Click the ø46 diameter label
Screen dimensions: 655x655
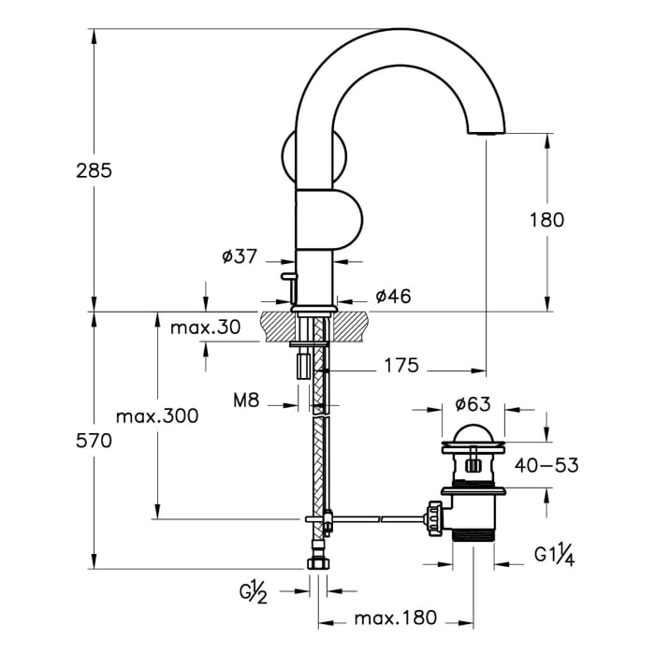coord(394,297)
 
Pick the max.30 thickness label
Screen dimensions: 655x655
coord(206,327)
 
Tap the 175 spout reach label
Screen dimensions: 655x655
coord(400,366)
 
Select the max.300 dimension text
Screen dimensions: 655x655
coord(156,416)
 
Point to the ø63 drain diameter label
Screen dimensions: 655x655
coord(473,404)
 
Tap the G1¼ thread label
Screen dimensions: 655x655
coord(553,555)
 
